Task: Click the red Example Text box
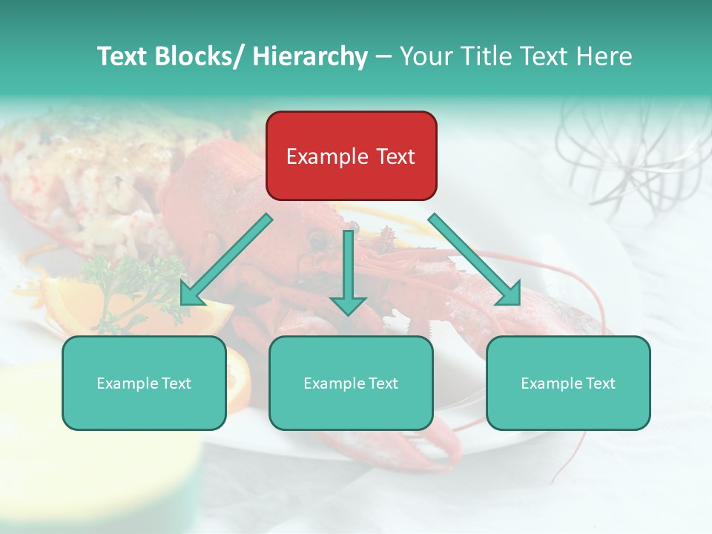tap(351, 156)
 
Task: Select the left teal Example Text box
tap(144, 383)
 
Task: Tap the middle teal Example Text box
tap(351, 383)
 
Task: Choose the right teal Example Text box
tap(568, 383)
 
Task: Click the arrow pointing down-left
tap(226, 260)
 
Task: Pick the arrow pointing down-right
tap(475, 260)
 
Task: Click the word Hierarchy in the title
tap(309, 56)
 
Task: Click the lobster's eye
tap(317, 239)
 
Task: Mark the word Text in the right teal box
tap(599, 383)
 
